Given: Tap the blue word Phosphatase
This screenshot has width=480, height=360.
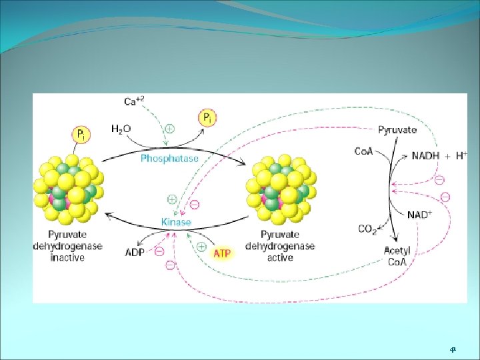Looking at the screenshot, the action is pyautogui.click(x=169, y=159).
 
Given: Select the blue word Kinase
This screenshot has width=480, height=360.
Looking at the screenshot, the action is pyautogui.click(x=176, y=222).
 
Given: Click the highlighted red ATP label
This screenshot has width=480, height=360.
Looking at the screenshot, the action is pyautogui.click(x=223, y=253).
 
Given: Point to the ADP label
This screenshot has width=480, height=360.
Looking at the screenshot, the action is pyautogui.click(x=135, y=252).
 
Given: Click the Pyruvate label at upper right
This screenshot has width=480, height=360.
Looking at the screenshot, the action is pyautogui.click(x=397, y=130).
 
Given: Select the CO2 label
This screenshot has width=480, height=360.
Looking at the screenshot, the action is pyautogui.click(x=367, y=229).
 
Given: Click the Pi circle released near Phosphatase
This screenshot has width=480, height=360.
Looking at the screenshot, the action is pyautogui.click(x=207, y=119).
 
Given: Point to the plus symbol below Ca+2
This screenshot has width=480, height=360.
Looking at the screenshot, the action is pyautogui.click(x=170, y=129).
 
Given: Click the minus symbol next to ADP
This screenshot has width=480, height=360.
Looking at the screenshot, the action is pyautogui.click(x=159, y=252).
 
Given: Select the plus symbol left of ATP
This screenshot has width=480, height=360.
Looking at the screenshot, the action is pyautogui.click(x=201, y=247).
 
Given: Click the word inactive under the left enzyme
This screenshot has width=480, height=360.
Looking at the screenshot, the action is pyautogui.click(x=67, y=258).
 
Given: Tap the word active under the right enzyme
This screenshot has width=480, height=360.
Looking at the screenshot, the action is pyautogui.click(x=279, y=257).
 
